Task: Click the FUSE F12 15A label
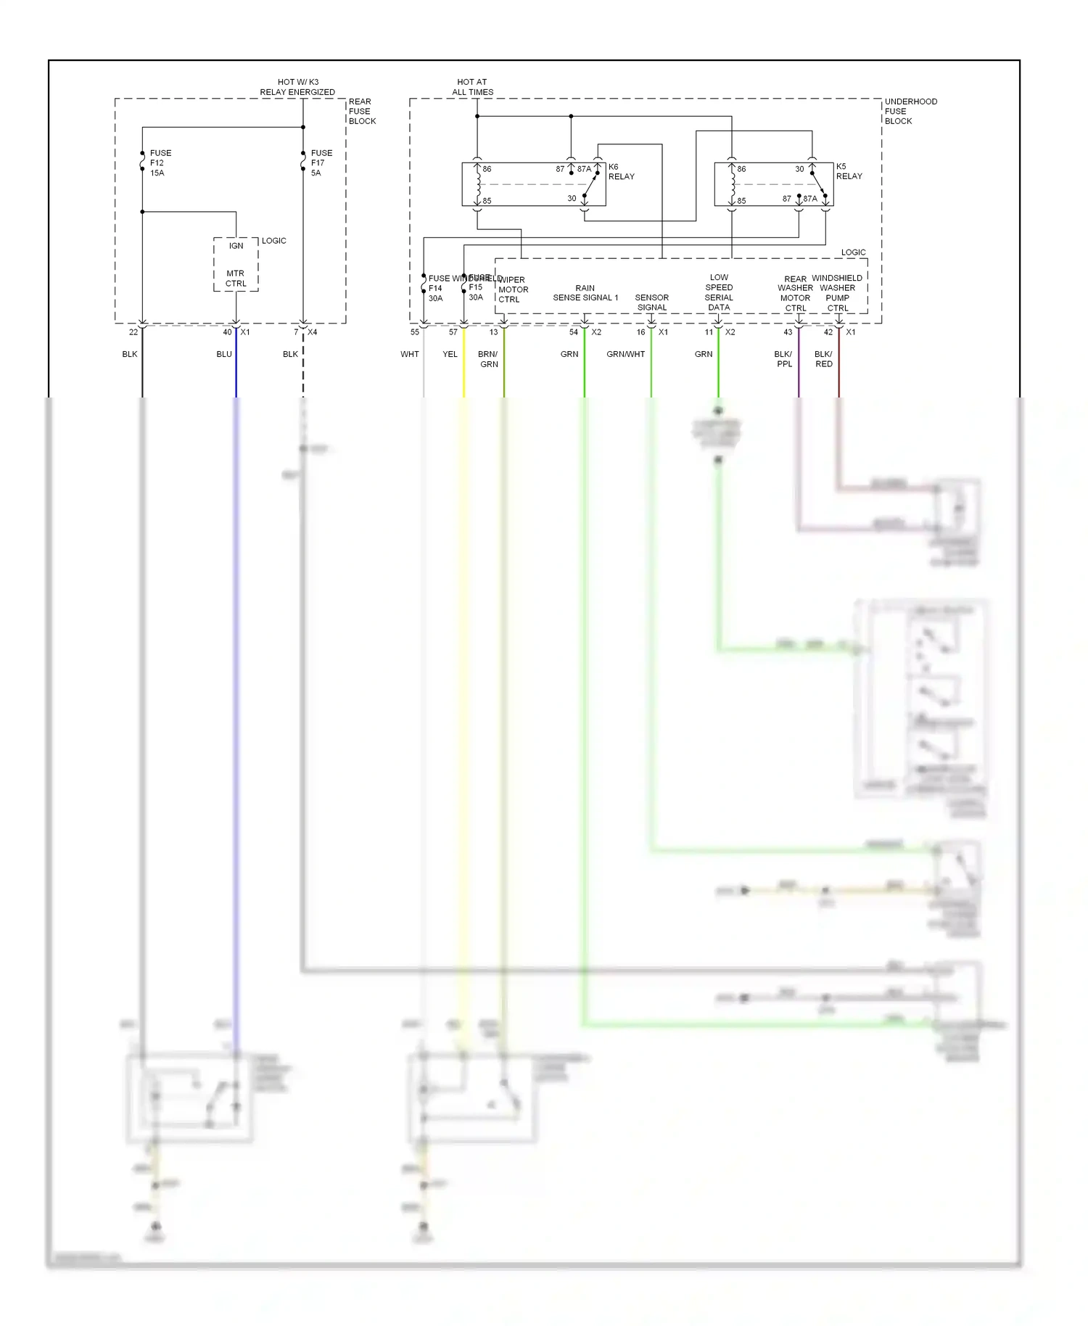[x=160, y=163]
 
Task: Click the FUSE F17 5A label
[x=321, y=163]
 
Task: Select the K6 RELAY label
[x=621, y=172]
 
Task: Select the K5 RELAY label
[x=848, y=171]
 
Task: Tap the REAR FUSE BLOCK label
[x=361, y=112]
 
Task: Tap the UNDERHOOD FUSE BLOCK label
[x=910, y=112]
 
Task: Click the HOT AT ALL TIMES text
[x=472, y=87]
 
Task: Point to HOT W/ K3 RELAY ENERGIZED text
[x=297, y=87]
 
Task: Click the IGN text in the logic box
[x=236, y=246]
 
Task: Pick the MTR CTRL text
[x=236, y=279]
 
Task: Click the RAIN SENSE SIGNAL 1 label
[x=585, y=293]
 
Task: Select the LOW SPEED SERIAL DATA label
[x=719, y=292]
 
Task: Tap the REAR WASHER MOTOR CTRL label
[x=795, y=294]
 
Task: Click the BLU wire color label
[x=224, y=354]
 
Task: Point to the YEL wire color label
[x=450, y=354]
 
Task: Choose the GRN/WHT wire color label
[x=625, y=354]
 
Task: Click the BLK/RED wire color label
[x=823, y=359]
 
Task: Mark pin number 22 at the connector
[x=133, y=332]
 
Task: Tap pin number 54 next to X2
[x=573, y=332]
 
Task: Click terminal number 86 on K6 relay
[x=487, y=169]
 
